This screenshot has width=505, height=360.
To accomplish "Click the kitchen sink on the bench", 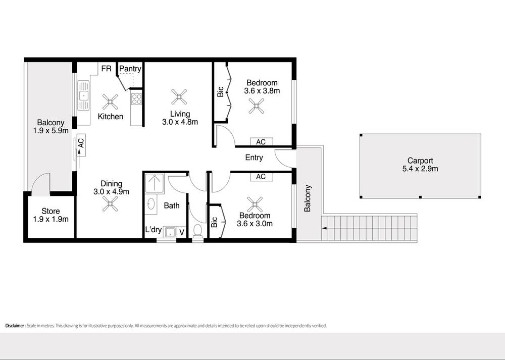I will [83, 95].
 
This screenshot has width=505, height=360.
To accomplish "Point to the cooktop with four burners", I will [136, 99].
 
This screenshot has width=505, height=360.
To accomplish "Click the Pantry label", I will [130, 69].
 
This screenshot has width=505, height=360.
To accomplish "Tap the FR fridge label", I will [106, 69].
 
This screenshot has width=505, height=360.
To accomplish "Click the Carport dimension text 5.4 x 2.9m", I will [420, 169].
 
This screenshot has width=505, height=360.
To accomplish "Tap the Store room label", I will [50, 211].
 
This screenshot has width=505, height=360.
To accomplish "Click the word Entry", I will [254, 158].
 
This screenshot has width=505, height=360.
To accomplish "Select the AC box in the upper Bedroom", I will [261, 142].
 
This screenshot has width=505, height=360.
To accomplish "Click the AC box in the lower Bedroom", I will [261, 177].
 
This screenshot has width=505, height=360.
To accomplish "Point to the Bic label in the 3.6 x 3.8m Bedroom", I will [220, 92].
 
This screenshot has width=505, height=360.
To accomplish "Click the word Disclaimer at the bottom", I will [15, 326].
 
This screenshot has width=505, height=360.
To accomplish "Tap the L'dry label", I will [154, 230].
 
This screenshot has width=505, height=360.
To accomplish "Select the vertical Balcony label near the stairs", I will [308, 198].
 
